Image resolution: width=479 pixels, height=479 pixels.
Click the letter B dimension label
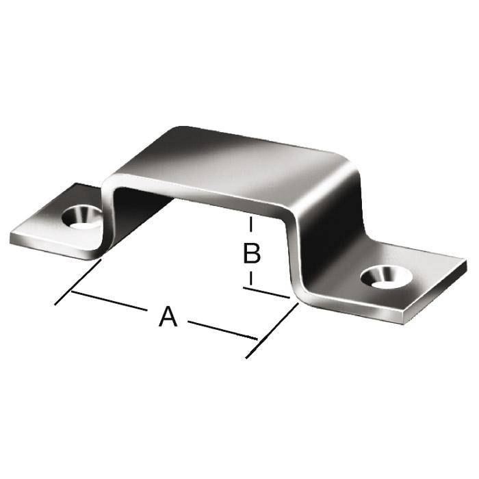pos(252,253)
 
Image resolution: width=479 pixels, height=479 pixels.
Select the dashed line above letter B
pos(252,226)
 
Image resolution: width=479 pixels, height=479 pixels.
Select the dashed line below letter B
pos(252,277)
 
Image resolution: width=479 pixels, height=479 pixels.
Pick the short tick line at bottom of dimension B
pos(267,293)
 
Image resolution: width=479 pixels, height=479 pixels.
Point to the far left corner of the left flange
pos(12,238)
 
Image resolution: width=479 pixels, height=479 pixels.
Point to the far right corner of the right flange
pos(465,262)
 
